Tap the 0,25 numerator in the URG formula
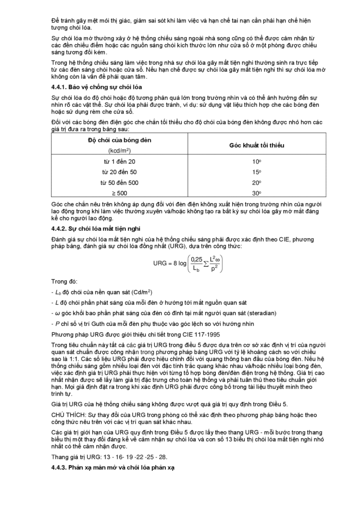pyautogui.click(x=196, y=259)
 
